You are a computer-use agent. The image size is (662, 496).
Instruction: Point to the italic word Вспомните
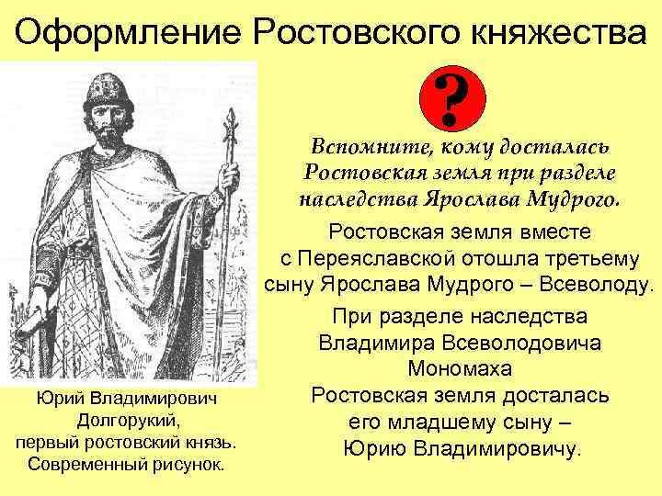(x=361, y=147)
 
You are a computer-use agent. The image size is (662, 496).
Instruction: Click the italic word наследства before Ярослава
(x=354, y=198)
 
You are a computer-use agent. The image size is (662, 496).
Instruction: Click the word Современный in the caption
(x=86, y=462)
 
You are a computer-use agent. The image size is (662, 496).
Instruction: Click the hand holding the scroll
(x=41, y=303)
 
